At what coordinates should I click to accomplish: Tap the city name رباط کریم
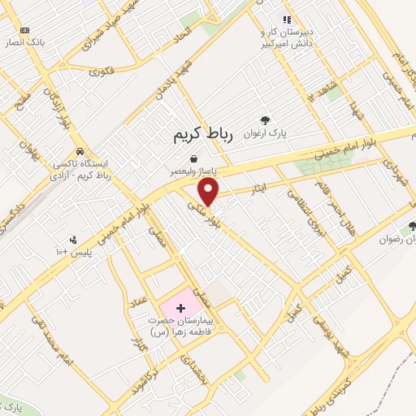coord(203,136)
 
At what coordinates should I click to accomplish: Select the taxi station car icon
coord(80,152)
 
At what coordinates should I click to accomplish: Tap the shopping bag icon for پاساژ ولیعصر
coord(193,158)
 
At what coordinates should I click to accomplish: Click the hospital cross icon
coord(180,310)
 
